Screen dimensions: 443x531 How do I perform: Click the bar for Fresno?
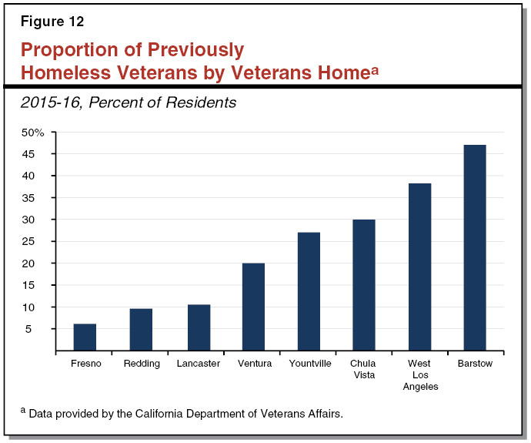pos(85,337)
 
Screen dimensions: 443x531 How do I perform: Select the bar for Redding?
pos(141,330)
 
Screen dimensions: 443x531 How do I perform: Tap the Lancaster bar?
pos(198,327)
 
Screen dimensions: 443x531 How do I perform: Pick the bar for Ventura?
pos(253,307)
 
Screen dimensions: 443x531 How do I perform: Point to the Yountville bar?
pos(309,291)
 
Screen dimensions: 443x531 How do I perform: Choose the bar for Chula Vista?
pos(364,285)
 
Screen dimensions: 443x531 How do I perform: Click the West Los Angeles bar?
pos(419,267)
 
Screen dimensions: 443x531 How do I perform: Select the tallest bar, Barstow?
pos(475,247)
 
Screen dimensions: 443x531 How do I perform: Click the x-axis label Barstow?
pos(475,364)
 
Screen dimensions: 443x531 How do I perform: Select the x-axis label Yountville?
pos(309,364)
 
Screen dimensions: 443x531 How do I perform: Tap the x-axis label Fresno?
pos(85,364)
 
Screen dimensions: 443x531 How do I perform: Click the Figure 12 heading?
pos(52,22)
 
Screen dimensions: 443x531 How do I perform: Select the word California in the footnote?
pos(162,414)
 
